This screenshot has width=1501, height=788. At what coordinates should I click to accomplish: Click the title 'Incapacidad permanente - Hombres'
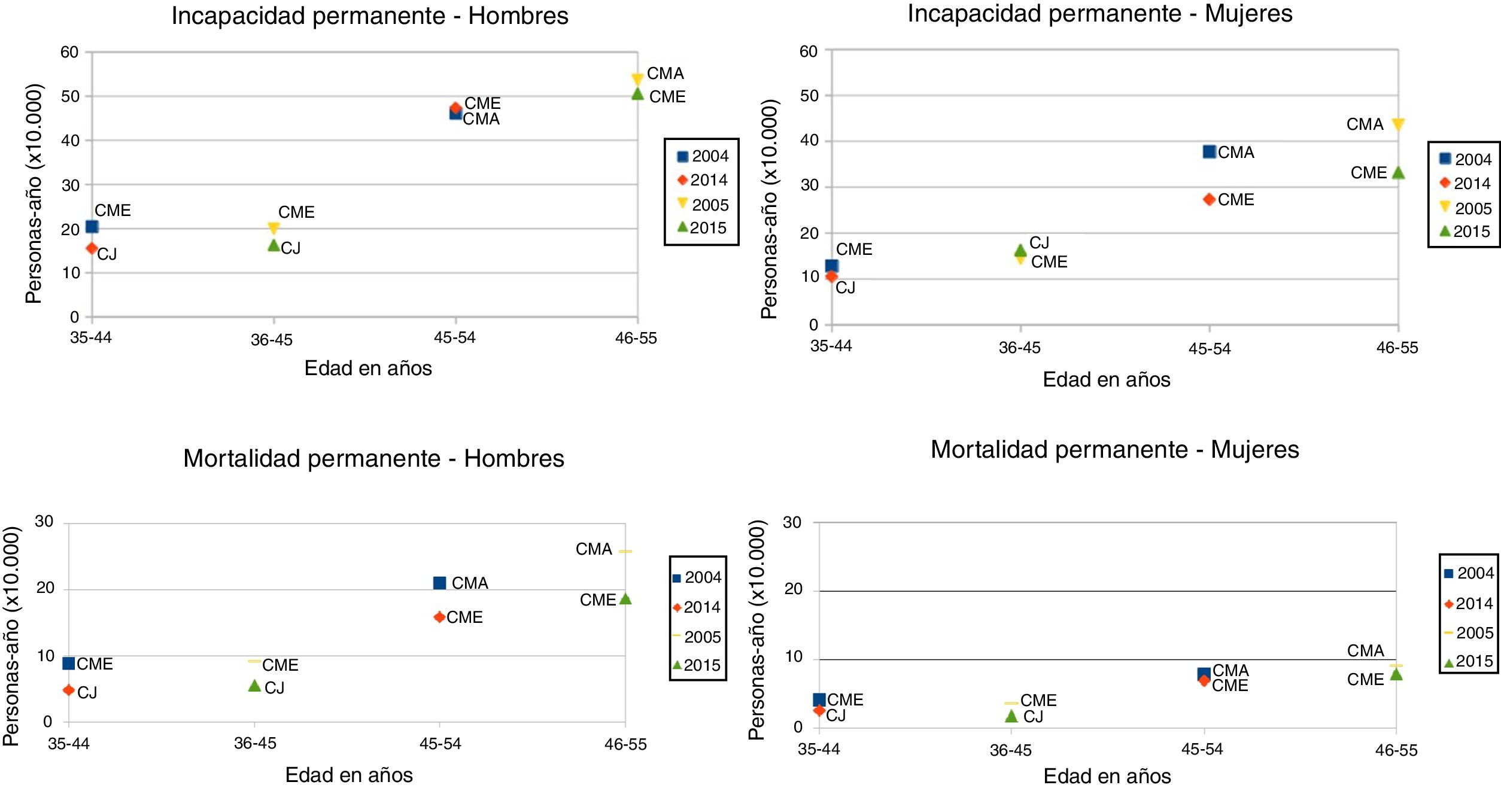tap(370, 16)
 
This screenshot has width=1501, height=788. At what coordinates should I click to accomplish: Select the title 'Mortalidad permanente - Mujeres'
tap(1114, 450)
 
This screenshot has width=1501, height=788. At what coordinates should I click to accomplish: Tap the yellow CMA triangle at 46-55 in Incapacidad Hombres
tap(637, 79)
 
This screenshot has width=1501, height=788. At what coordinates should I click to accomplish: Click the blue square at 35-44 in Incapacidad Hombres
tap(92, 227)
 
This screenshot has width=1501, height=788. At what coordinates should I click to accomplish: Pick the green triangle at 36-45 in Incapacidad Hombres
tap(274, 245)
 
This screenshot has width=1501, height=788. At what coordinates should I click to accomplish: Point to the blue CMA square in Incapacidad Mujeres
tap(1209, 152)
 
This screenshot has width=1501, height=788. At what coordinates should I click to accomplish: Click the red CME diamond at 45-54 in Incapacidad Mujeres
tap(1209, 199)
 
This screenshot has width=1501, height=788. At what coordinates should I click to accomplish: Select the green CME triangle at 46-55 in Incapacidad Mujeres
tap(1398, 173)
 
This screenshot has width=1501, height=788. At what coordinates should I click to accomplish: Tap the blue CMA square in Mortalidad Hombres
tap(439, 583)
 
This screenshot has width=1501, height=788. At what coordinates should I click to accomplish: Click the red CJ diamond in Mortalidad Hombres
tap(69, 690)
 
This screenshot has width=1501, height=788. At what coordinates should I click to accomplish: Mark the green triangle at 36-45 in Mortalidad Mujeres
tap(1011, 716)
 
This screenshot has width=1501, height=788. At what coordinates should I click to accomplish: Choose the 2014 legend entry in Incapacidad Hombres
tap(702, 180)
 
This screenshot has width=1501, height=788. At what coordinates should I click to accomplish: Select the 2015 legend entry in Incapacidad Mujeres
tap(1464, 232)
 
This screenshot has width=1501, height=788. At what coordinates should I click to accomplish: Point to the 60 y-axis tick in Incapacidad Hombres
tap(69, 53)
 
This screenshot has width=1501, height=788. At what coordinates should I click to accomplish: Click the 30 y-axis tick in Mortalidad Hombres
tap(44, 522)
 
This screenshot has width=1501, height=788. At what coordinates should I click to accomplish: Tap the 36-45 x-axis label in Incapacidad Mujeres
tap(1020, 348)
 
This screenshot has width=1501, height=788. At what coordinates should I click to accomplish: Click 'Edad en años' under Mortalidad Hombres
tap(349, 775)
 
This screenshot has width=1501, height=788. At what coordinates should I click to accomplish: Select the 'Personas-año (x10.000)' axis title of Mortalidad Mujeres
tap(758, 629)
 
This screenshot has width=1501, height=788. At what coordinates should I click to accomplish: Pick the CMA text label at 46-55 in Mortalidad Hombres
tap(594, 549)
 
